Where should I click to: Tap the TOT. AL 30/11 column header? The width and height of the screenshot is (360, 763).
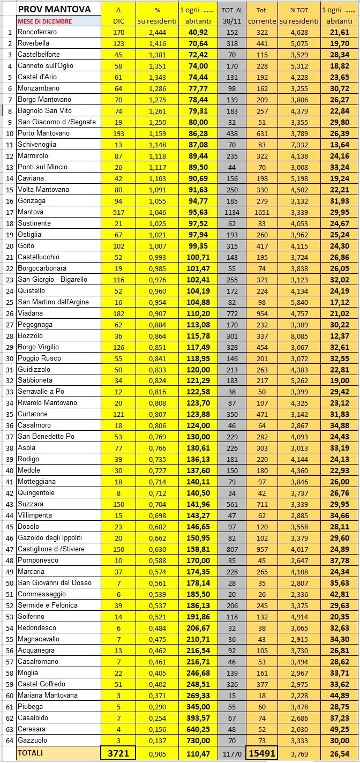point(231,15)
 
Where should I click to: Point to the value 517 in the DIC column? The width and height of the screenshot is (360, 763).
point(118,212)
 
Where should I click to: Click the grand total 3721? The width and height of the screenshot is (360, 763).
point(118,753)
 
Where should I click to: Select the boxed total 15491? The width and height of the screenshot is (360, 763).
point(262,753)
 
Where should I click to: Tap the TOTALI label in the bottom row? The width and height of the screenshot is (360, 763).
point(31,753)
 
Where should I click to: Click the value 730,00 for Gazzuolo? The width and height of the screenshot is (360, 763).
point(197,740)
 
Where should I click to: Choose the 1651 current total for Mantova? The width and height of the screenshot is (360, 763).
point(262,212)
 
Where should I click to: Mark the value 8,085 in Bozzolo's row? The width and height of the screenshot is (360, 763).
point(299,335)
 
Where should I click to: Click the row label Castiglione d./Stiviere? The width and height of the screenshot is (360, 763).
point(51,549)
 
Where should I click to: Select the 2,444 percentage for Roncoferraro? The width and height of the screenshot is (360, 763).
point(157,32)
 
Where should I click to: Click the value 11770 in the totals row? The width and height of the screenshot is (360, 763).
point(231,753)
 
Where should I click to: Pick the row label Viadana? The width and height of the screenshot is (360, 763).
point(31,313)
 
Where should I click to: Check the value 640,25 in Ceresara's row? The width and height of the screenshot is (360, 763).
point(197,729)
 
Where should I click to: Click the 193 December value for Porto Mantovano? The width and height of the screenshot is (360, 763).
point(118,133)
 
